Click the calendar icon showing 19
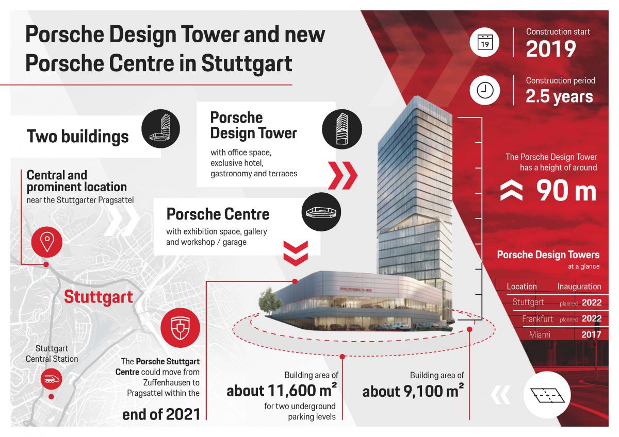click(x=485, y=42)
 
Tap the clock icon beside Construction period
click(x=485, y=90)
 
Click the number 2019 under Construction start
click(x=551, y=49)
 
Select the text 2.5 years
click(x=559, y=96)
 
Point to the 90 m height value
click(x=566, y=191)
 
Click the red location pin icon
click(x=47, y=242)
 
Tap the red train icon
click(x=51, y=379)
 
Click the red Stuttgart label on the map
click(x=99, y=297)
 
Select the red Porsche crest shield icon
click(x=180, y=328)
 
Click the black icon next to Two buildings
click(x=160, y=129)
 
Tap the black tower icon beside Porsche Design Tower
click(x=342, y=129)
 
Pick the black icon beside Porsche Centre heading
click(x=321, y=212)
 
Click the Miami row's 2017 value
click(x=591, y=334)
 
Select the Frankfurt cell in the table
click(x=537, y=319)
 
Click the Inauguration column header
click(x=579, y=287)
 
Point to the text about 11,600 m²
click(x=282, y=390)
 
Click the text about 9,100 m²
click(x=413, y=391)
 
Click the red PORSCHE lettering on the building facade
click(x=356, y=290)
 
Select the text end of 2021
click(x=161, y=414)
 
